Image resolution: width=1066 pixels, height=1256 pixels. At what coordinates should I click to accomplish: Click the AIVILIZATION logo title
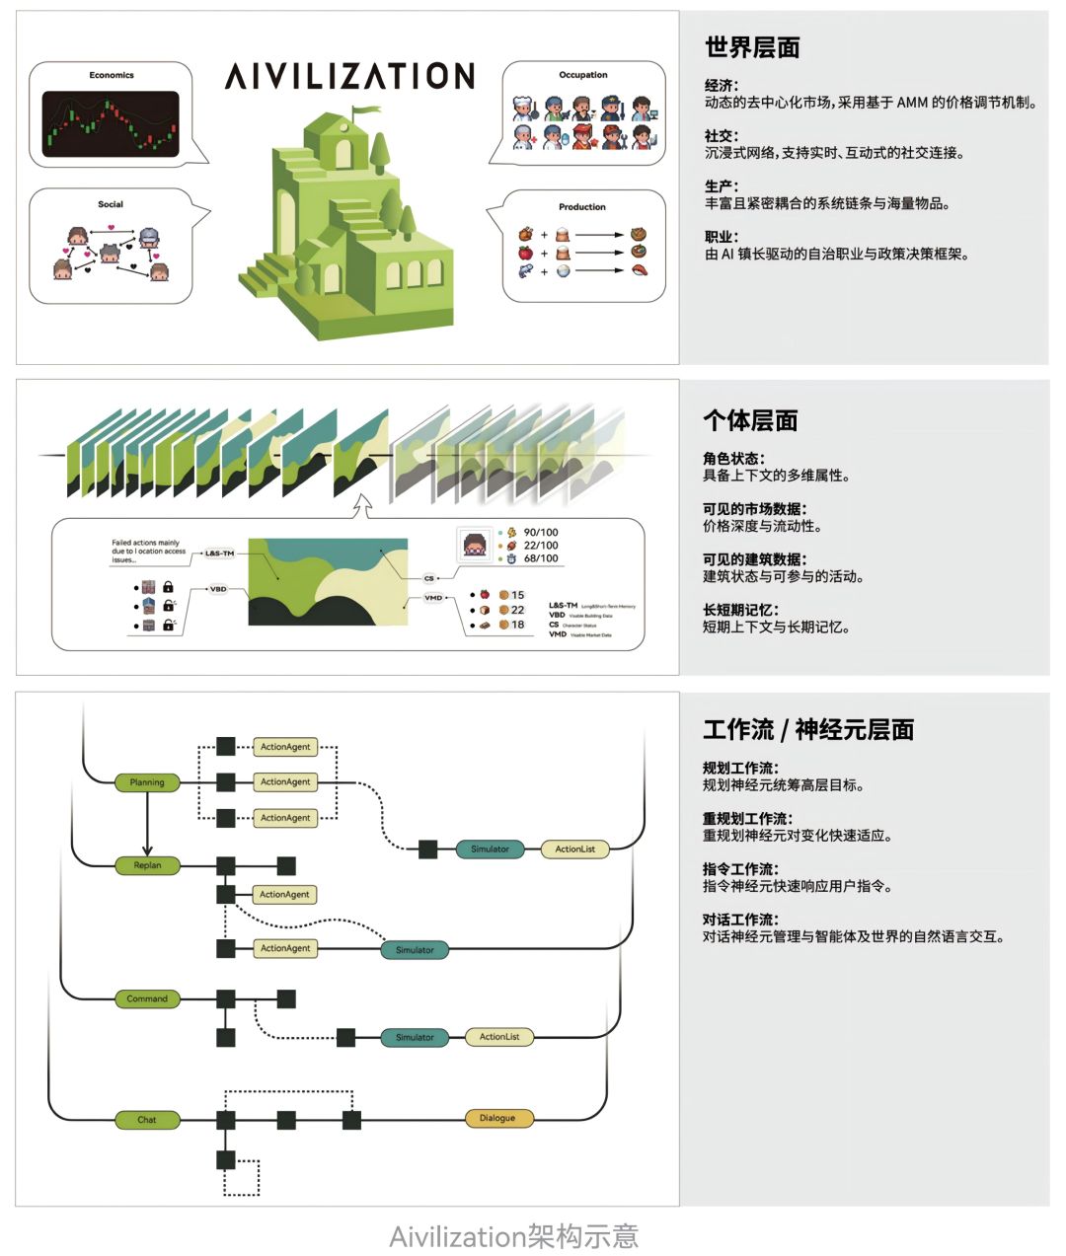point(349,76)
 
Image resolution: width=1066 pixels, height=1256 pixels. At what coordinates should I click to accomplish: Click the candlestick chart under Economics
point(111,125)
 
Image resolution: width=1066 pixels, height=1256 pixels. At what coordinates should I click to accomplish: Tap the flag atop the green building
point(364,111)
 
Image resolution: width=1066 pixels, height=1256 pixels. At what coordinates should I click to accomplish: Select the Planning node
point(147,782)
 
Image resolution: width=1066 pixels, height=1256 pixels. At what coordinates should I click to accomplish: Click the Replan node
point(147,865)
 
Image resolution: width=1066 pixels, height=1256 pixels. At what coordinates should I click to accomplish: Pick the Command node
point(147,998)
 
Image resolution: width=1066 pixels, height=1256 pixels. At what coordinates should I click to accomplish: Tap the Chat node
point(147,1119)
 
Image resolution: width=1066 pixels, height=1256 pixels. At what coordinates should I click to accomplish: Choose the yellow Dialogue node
point(497,1118)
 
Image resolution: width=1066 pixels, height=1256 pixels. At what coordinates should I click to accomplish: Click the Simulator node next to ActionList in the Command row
point(415,1037)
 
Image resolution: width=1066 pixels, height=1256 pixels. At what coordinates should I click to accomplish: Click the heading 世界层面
point(752,47)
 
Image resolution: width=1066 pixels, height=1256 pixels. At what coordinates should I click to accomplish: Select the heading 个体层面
point(750,420)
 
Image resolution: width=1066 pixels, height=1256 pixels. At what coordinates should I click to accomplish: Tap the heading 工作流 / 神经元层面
point(808,730)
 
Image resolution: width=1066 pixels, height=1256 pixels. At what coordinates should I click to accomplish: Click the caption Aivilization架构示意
point(513,1236)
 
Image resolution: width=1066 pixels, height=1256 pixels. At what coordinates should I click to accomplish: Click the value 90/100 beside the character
point(540,532)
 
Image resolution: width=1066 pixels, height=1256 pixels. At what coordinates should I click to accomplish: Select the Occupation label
point(583,75)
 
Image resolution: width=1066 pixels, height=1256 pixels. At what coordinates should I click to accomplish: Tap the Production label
point(582,207)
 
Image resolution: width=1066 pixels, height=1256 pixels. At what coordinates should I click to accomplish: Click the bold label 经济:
point(722,86)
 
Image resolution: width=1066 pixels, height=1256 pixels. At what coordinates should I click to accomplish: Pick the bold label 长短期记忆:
point(740,610)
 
